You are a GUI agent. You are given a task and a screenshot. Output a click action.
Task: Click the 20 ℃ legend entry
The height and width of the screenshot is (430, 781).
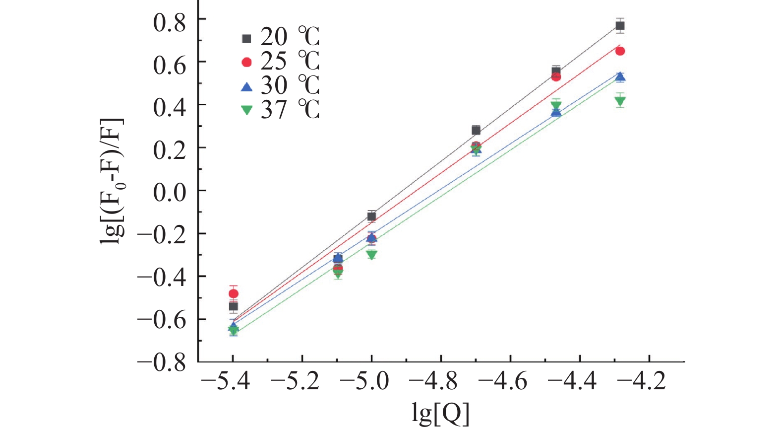point(280,38)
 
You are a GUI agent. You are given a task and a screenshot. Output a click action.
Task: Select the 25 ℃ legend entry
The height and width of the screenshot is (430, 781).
point(280,62)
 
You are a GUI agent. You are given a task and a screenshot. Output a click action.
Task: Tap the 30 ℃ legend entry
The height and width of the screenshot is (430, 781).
point(280,86)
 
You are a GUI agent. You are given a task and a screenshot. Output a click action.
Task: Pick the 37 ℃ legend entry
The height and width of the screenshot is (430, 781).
point(280,110)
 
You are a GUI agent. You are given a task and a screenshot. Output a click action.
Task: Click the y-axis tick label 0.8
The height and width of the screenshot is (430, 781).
point(169,23)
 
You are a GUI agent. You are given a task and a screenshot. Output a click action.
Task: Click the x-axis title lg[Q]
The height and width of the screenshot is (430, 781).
point(440,413)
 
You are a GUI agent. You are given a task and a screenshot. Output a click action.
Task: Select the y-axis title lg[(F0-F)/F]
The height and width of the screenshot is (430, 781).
point(112,181)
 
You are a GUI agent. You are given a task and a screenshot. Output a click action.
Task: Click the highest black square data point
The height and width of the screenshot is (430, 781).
point(620,26)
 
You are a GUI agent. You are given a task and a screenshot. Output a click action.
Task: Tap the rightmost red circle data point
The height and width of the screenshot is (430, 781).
point(620,51)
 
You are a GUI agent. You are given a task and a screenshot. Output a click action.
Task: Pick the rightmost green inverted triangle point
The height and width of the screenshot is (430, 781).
point(620,102)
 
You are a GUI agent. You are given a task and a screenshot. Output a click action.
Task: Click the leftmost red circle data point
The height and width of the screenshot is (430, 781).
point(233,293)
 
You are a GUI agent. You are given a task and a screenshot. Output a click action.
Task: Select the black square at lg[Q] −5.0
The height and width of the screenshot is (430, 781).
point(371,216)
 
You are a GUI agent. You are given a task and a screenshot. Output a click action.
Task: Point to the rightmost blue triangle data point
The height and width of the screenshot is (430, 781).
point(620,76)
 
